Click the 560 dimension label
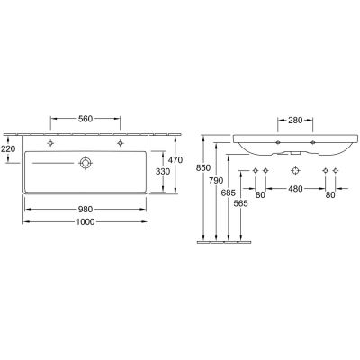(85, 119)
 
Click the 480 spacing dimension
(295, 190)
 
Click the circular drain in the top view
(85, 162)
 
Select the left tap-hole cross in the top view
(52, 142)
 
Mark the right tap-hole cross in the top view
(119, 142)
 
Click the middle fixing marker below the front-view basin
(295, 171)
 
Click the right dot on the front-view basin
(312, 141)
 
